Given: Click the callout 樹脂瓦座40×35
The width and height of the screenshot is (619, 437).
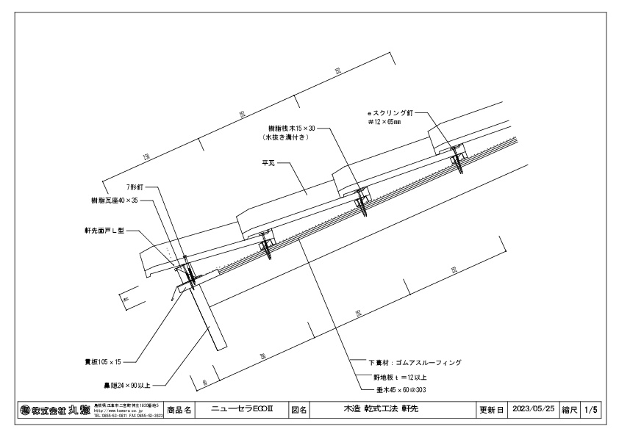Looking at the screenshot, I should coord(115,200).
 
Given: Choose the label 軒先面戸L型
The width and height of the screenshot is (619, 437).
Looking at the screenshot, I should coord(105,230).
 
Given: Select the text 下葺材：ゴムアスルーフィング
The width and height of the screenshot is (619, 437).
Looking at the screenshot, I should coord(415,362).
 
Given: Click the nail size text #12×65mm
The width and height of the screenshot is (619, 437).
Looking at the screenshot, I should coord(384,123).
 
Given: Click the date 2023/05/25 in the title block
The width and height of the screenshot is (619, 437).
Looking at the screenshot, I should coord(534,408).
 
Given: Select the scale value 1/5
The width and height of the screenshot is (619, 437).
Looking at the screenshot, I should coord(591,408).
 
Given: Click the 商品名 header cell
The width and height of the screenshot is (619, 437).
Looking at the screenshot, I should coord(180,408).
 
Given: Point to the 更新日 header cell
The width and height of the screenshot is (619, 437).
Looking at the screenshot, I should coord(491,408).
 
